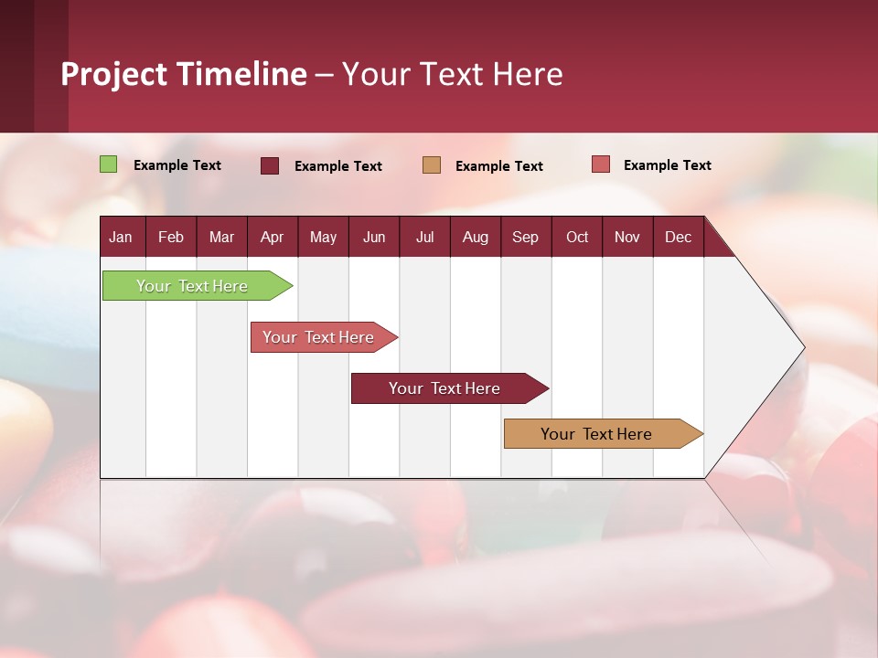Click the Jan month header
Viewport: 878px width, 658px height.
pos(121,237)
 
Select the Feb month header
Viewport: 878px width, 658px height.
pos(171,237)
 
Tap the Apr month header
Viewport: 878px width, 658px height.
pos(272,237)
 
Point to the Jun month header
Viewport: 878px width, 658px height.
pos(374,237)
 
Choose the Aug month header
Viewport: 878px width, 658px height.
pos(475,237)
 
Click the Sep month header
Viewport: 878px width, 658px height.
pos(525,237)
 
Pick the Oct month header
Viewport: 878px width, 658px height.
pos(577,237)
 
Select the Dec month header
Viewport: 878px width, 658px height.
pos(678,237)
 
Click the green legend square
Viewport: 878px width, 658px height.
pos(109,164)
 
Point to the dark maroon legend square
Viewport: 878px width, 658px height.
pos(270,165)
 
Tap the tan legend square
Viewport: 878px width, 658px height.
pos(432,165)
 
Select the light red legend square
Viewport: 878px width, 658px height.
pos(600,164)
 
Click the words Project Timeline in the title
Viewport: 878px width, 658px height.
pos(184,74)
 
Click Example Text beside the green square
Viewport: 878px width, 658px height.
pos(177,165)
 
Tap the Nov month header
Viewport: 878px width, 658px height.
pos(626,237)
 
